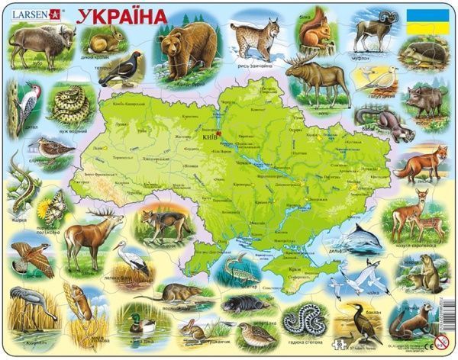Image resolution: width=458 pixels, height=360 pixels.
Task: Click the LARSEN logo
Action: (x=29, y=12)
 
